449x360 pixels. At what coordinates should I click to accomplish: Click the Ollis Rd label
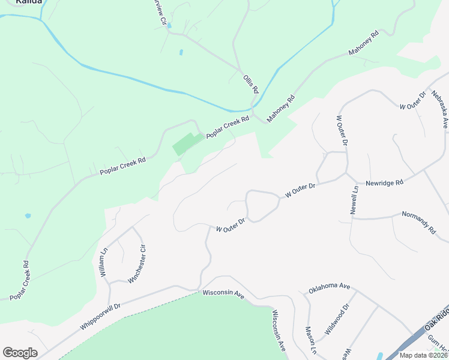click(251, 83)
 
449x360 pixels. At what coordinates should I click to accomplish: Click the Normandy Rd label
click(418, 221)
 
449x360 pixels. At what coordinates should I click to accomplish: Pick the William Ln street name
click(104, 262)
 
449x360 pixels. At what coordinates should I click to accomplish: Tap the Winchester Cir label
click(137, 264)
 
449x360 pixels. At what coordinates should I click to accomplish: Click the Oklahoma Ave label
click(329, 287)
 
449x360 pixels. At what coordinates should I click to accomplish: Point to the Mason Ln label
click(311, 340)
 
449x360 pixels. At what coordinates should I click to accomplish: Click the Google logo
click(20, 353)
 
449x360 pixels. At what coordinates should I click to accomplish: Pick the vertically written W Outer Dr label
click(342, 131)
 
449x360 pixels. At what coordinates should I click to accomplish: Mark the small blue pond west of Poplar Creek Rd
click(28, 215)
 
